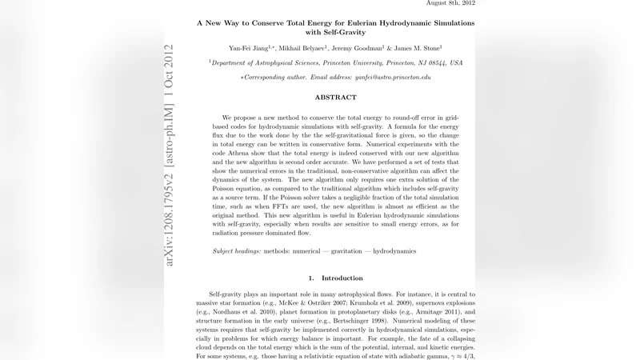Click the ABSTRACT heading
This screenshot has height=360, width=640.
pyautogui.click(x=335, y=97)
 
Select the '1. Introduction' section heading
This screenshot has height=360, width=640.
pyautogui.click(x=335, y=278)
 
